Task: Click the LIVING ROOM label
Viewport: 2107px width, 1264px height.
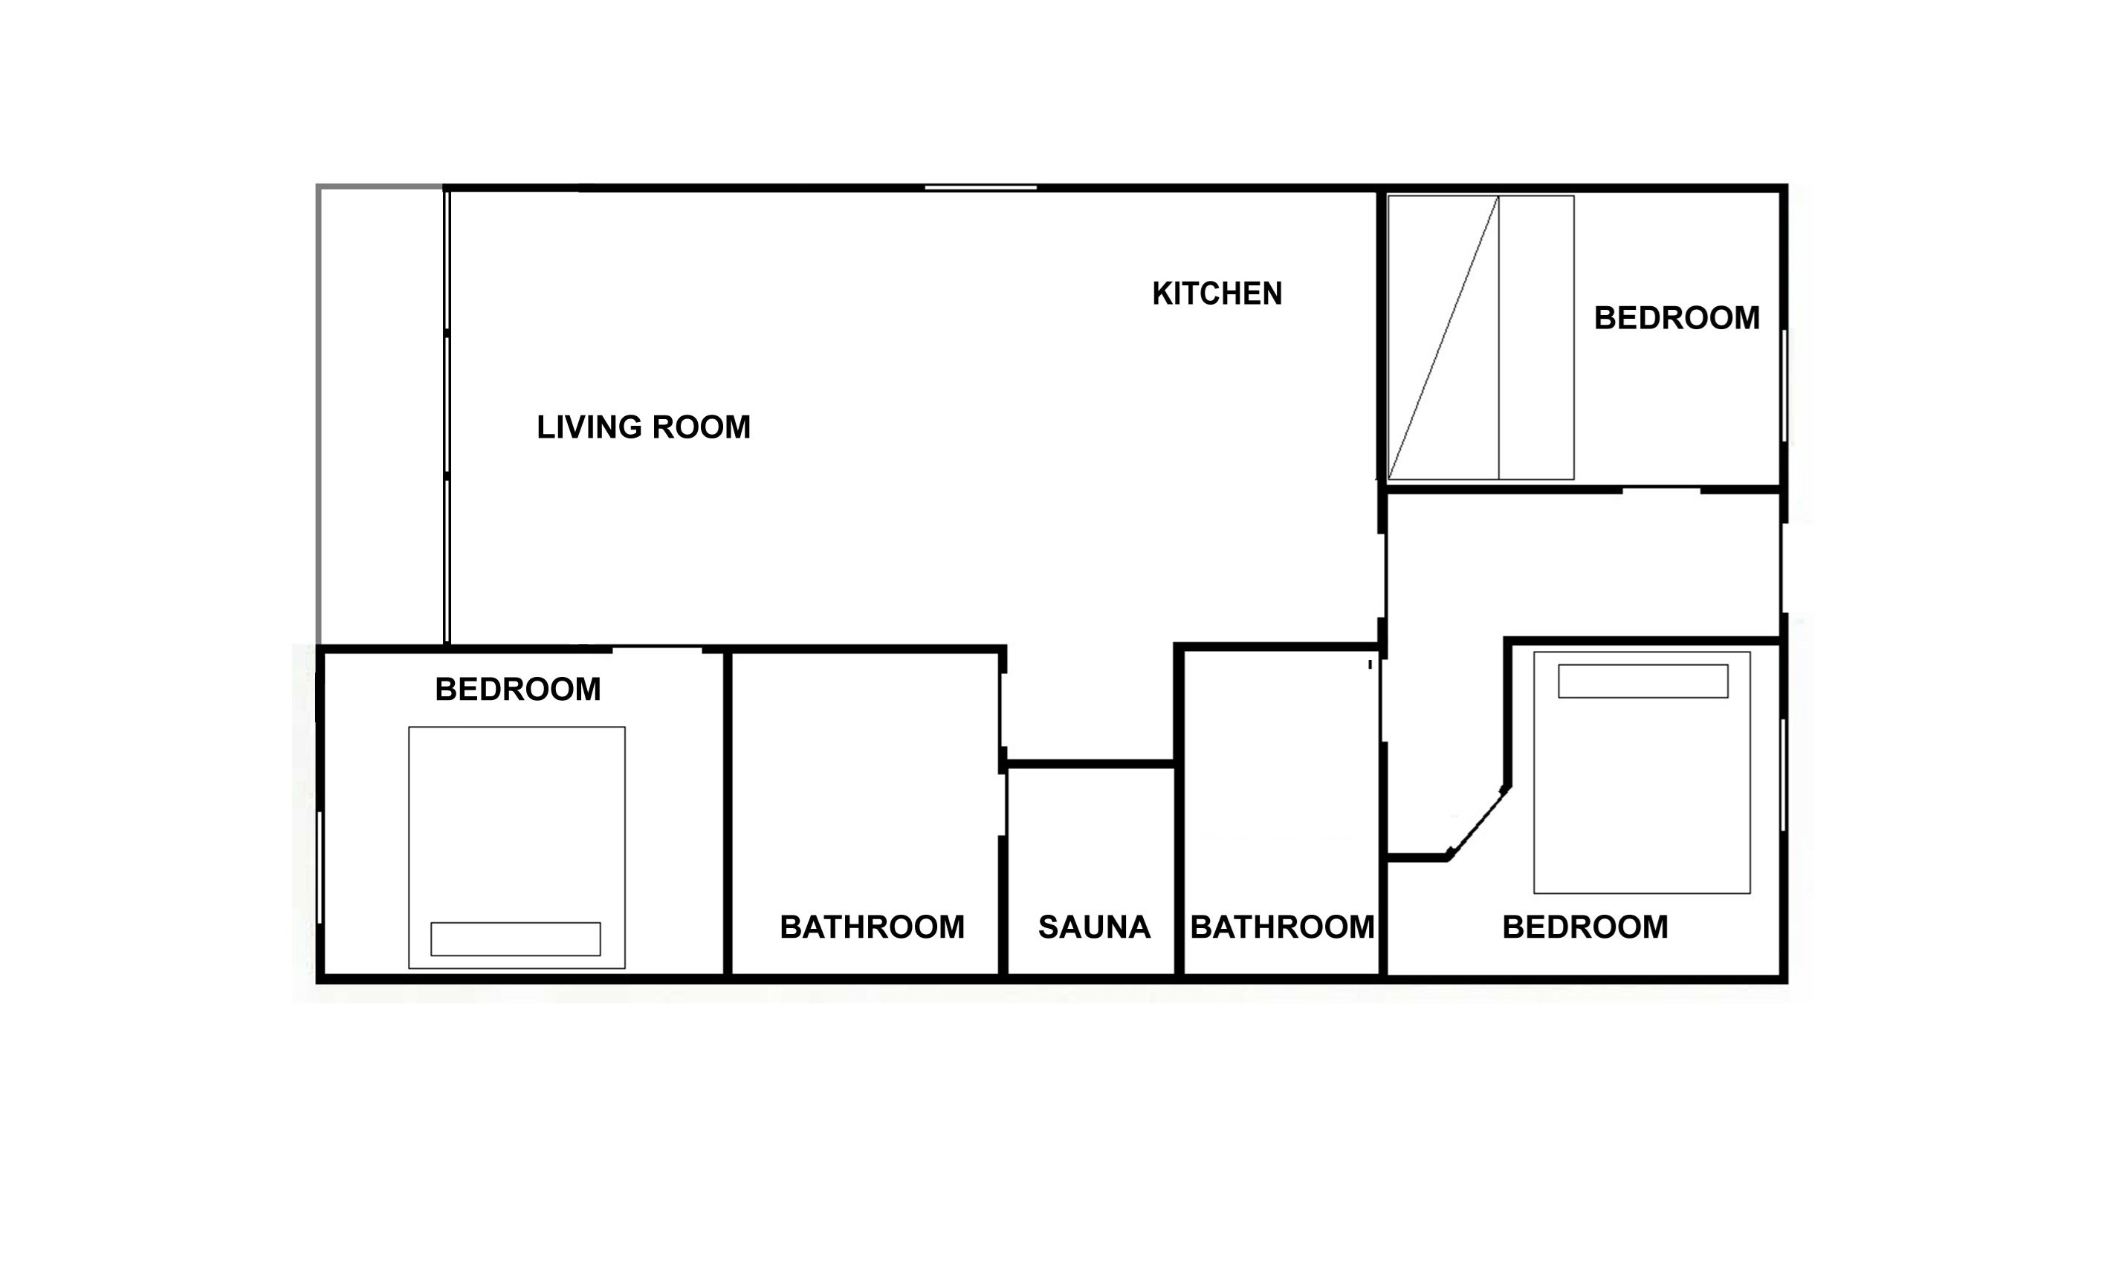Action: coord(643,427)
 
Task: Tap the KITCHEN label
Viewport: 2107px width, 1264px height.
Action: coord(1217,294)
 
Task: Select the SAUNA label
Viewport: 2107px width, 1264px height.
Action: coord(1095,927)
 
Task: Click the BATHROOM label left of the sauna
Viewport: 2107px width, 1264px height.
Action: coord(872,927)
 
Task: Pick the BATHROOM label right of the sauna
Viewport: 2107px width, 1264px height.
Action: coord(1282,927)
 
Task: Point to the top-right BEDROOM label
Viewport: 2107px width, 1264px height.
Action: coord(1676,318)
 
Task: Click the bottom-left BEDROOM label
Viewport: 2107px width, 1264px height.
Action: coord(518,689)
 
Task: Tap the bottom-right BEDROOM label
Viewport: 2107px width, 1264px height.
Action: coord(1585,927)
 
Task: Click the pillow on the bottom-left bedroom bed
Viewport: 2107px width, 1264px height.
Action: coord(515,939)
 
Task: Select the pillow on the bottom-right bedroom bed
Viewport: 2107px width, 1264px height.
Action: coord(1642,681)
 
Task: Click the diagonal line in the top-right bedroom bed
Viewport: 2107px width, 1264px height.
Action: coord(1443,337)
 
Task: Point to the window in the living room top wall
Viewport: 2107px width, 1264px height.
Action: coord(980,187)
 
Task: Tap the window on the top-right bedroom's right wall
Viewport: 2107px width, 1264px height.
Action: coord(1784,386)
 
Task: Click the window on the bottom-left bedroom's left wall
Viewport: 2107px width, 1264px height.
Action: coord(320,867)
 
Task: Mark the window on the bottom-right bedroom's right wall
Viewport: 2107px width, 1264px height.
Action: coord(1784,775)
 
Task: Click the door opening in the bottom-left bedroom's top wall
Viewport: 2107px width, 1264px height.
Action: coord(658,650)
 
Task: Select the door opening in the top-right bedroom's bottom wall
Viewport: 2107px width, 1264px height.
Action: coord(1662,490)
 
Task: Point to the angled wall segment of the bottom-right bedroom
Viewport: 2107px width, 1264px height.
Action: coord(1478,822)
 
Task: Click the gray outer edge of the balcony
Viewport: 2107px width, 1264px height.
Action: coord(319,414)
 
